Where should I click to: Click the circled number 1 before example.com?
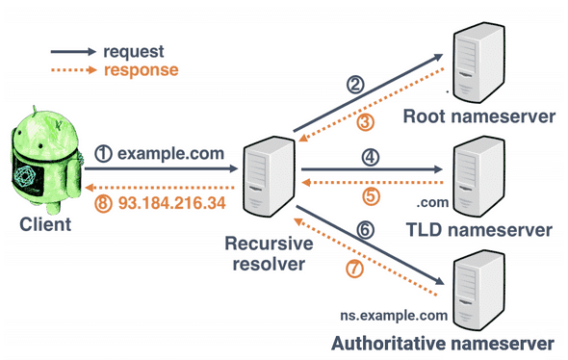[103, 153]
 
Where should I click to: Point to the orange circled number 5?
[370, 193]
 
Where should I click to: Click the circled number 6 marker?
[363, 232]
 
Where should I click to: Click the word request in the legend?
[138, 51]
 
